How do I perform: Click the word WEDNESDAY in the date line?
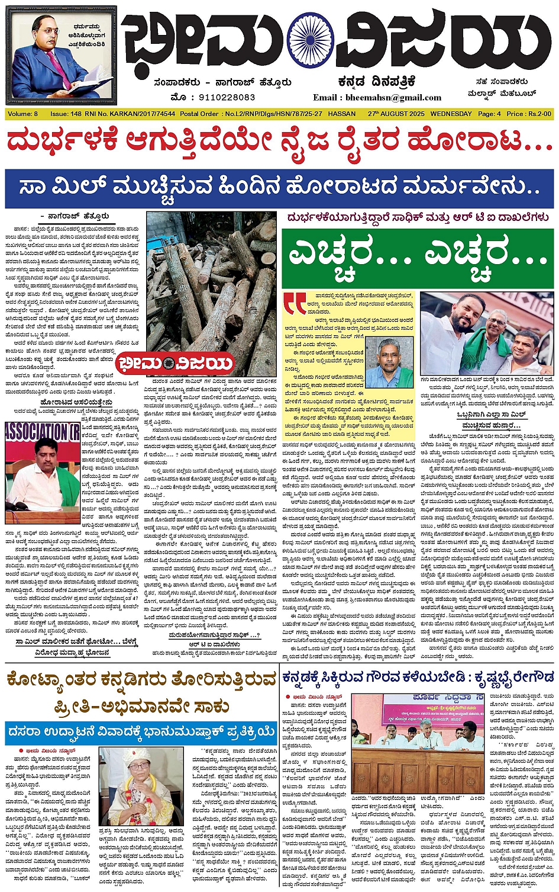451,114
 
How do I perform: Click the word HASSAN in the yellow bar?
341,114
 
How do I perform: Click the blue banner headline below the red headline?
279,188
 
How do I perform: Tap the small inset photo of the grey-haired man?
389,362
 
